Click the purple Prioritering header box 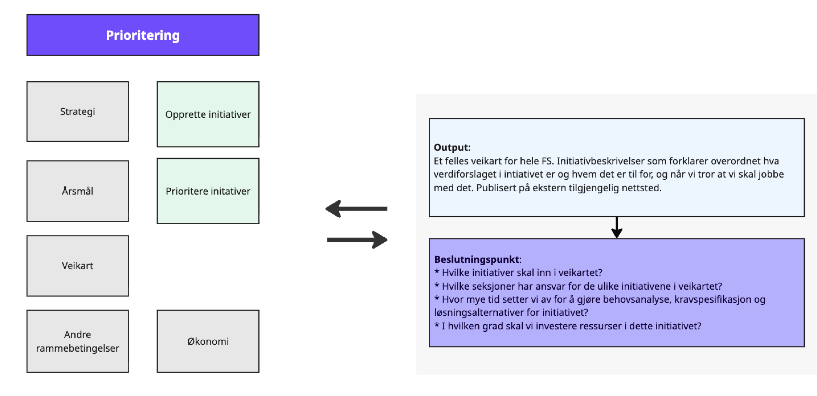pyautogui.click(x=143, y=35)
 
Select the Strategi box pyautogui.click(x=78, y=112)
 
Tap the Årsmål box pyautogui.click(x=78, y=191)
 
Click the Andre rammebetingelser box pyautogui.click(x=78, y=341)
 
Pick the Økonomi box pyautogui.click(x=208, y=341)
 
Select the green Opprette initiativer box pyautogui.click(x=208, y=114)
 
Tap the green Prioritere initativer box pyautogui.click(x=208, y=191)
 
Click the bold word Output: pyautogui.click(x=452, y=147)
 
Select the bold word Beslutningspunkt pyautogui.click(x=476, y=259)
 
